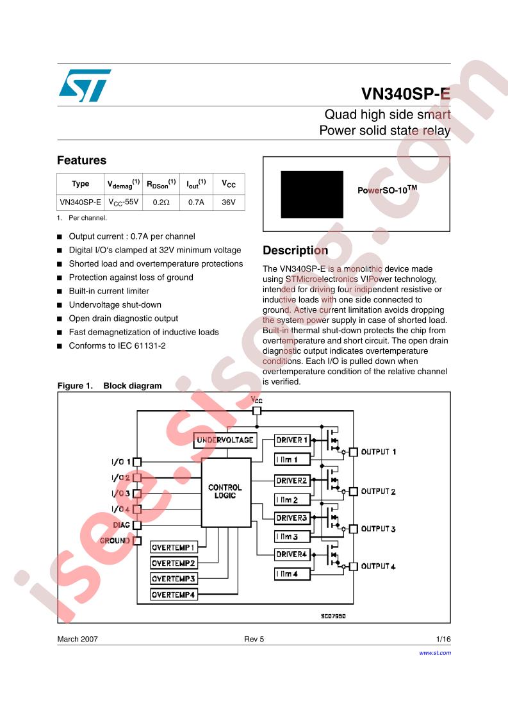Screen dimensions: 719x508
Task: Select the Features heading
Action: [x=81, y=160]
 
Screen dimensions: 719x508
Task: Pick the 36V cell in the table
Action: [x=229, y=202]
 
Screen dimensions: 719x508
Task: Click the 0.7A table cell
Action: [x=195, y=202]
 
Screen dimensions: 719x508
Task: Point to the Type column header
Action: [x=81, y=184]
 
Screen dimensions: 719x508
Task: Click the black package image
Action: [x=312, y=194]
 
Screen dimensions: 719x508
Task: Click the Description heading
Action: [x=295, y=250]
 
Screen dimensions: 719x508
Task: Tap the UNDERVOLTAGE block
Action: [x=224, y=440]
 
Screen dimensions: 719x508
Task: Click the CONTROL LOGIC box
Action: [x=225, y=492]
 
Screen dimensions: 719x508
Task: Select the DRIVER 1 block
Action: [x=292, y=440]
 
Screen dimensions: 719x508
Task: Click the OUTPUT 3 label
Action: [x=378, y=529]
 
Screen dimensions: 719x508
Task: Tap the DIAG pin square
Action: [x=136, y=525]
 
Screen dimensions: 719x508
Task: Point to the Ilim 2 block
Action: [x=292, y=499]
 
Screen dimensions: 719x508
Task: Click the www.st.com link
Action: [x=435, y=652]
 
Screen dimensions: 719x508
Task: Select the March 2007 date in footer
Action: [x=78, y=639]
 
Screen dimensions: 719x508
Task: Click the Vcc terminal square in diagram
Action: [x=257, y=411]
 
